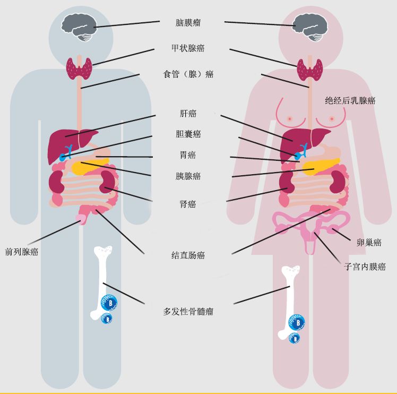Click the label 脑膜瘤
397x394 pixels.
tap(188, 23)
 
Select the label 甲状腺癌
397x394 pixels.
tap(188, 48)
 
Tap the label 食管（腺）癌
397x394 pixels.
tap(188, 74)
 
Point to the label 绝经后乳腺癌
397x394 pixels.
tap(350, 100)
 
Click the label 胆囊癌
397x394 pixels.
tap(188, 134)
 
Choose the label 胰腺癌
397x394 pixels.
tap(188, 176)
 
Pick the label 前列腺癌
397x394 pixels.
tap(22, 252)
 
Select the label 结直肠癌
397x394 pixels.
tap(188, 255)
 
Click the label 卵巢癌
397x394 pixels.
tap(369, 243)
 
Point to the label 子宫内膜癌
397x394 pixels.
tap(365, 267)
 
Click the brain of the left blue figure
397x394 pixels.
tap(79, 27)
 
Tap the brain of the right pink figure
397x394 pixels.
tap(310, 27)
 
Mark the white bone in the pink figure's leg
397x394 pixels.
tap(289, 300)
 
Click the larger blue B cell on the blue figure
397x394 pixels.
tap(109, 303)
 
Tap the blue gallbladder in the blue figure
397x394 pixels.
tap(66, 153)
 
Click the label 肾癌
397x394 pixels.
tap(188, 204)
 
